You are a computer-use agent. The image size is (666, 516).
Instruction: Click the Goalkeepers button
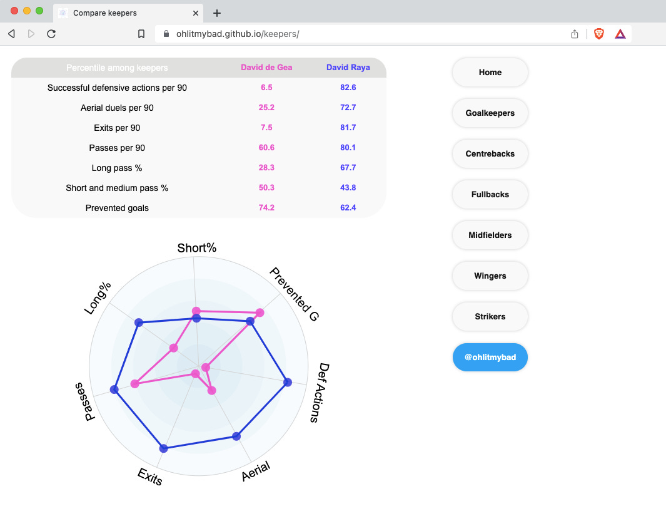(x=490, y=113)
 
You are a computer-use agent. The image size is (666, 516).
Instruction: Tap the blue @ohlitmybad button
(x=490, y=358)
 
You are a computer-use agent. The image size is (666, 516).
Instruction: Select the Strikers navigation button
(x=490, y=317)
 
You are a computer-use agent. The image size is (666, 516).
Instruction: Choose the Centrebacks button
(x=490, y=154)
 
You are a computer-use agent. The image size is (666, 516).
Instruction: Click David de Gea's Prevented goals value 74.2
(x=266, y=208)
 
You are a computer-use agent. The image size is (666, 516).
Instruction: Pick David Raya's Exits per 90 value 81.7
(x=348, y=128)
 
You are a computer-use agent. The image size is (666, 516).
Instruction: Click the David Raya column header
(x=348, y=68)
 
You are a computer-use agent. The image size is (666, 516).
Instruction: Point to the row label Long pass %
(x=117, y=168)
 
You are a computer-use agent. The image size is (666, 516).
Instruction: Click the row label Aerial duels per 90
(x=117, y=108)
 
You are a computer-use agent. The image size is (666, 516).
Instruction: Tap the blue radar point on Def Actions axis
(x=288, y=382)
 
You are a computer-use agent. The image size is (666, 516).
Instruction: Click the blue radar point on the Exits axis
(x=164, y=448)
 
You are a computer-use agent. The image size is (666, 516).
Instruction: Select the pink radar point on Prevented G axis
(x=260, y=312)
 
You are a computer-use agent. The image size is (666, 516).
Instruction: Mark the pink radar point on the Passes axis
(x=134, y=383)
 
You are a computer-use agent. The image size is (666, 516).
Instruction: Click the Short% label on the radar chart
(x=197, y=248)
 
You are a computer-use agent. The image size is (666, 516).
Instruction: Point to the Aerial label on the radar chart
(x=256, y=471)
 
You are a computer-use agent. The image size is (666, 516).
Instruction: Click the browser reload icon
(x=52, y=34)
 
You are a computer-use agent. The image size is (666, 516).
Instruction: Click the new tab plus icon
(x=217, y=13)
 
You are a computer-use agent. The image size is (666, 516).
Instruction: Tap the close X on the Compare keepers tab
(x=196, y=13)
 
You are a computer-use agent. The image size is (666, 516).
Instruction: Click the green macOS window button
(x=39, y=11)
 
